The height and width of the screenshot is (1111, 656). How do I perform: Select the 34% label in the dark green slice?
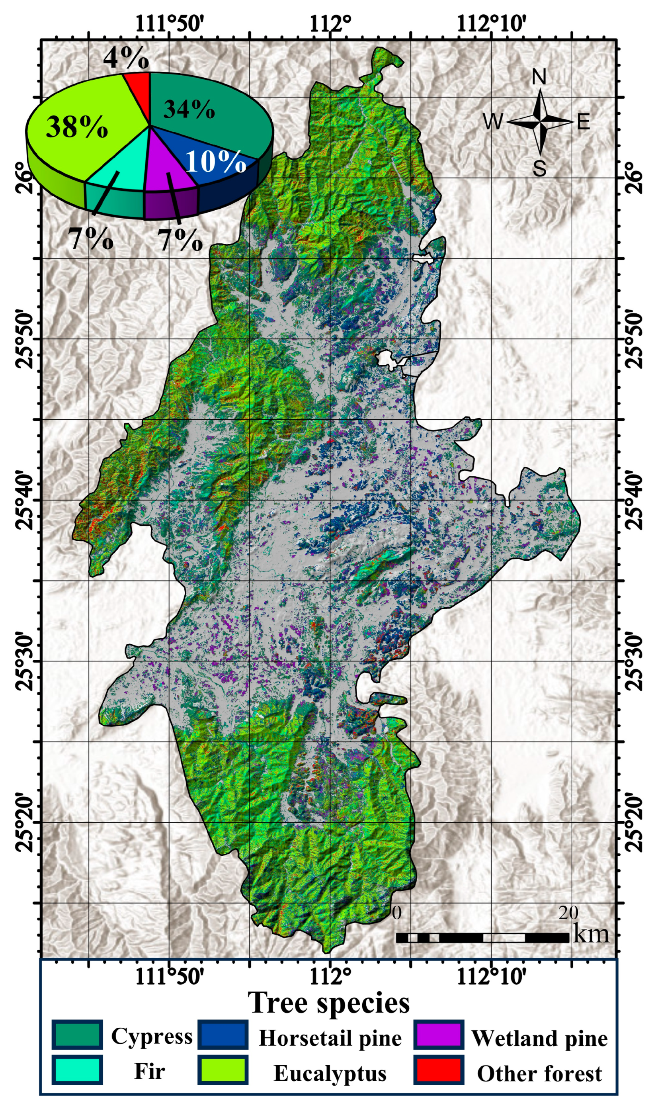tap(189, 109)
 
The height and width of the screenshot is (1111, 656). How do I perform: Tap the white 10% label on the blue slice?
tap(215, 161)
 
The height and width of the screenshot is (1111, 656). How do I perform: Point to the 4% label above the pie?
tap(126, 58)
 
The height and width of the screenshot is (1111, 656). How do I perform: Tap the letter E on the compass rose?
tap(583, 121)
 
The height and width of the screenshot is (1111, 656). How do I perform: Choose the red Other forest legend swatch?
tap(439, 1070)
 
